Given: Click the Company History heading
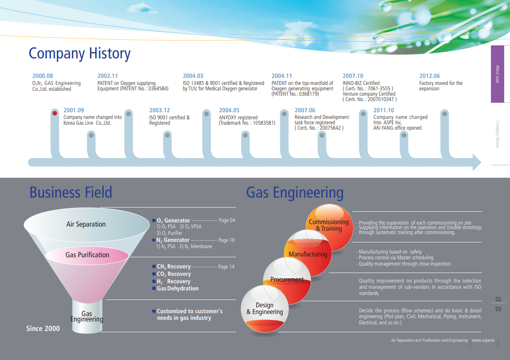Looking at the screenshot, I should coord(80,53).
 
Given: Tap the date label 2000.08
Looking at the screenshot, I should coord(43,76).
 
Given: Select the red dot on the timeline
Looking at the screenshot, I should coord(54,113).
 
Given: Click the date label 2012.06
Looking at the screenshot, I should coord(430,76).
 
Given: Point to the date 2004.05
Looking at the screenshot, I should coord(229,110).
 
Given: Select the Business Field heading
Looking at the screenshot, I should coord(71,193).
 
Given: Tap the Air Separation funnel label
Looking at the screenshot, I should coord(86,225).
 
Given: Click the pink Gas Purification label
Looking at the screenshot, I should coord(87,255).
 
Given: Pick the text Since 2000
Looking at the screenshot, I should coord(43,329).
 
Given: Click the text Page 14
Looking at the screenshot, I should coord(226,267).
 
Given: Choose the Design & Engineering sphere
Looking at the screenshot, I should coord(265,309).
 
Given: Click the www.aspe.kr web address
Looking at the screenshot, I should coord(483,341).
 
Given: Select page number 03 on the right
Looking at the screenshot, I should coord(498,309).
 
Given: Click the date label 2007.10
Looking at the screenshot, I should coord(353,76).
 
